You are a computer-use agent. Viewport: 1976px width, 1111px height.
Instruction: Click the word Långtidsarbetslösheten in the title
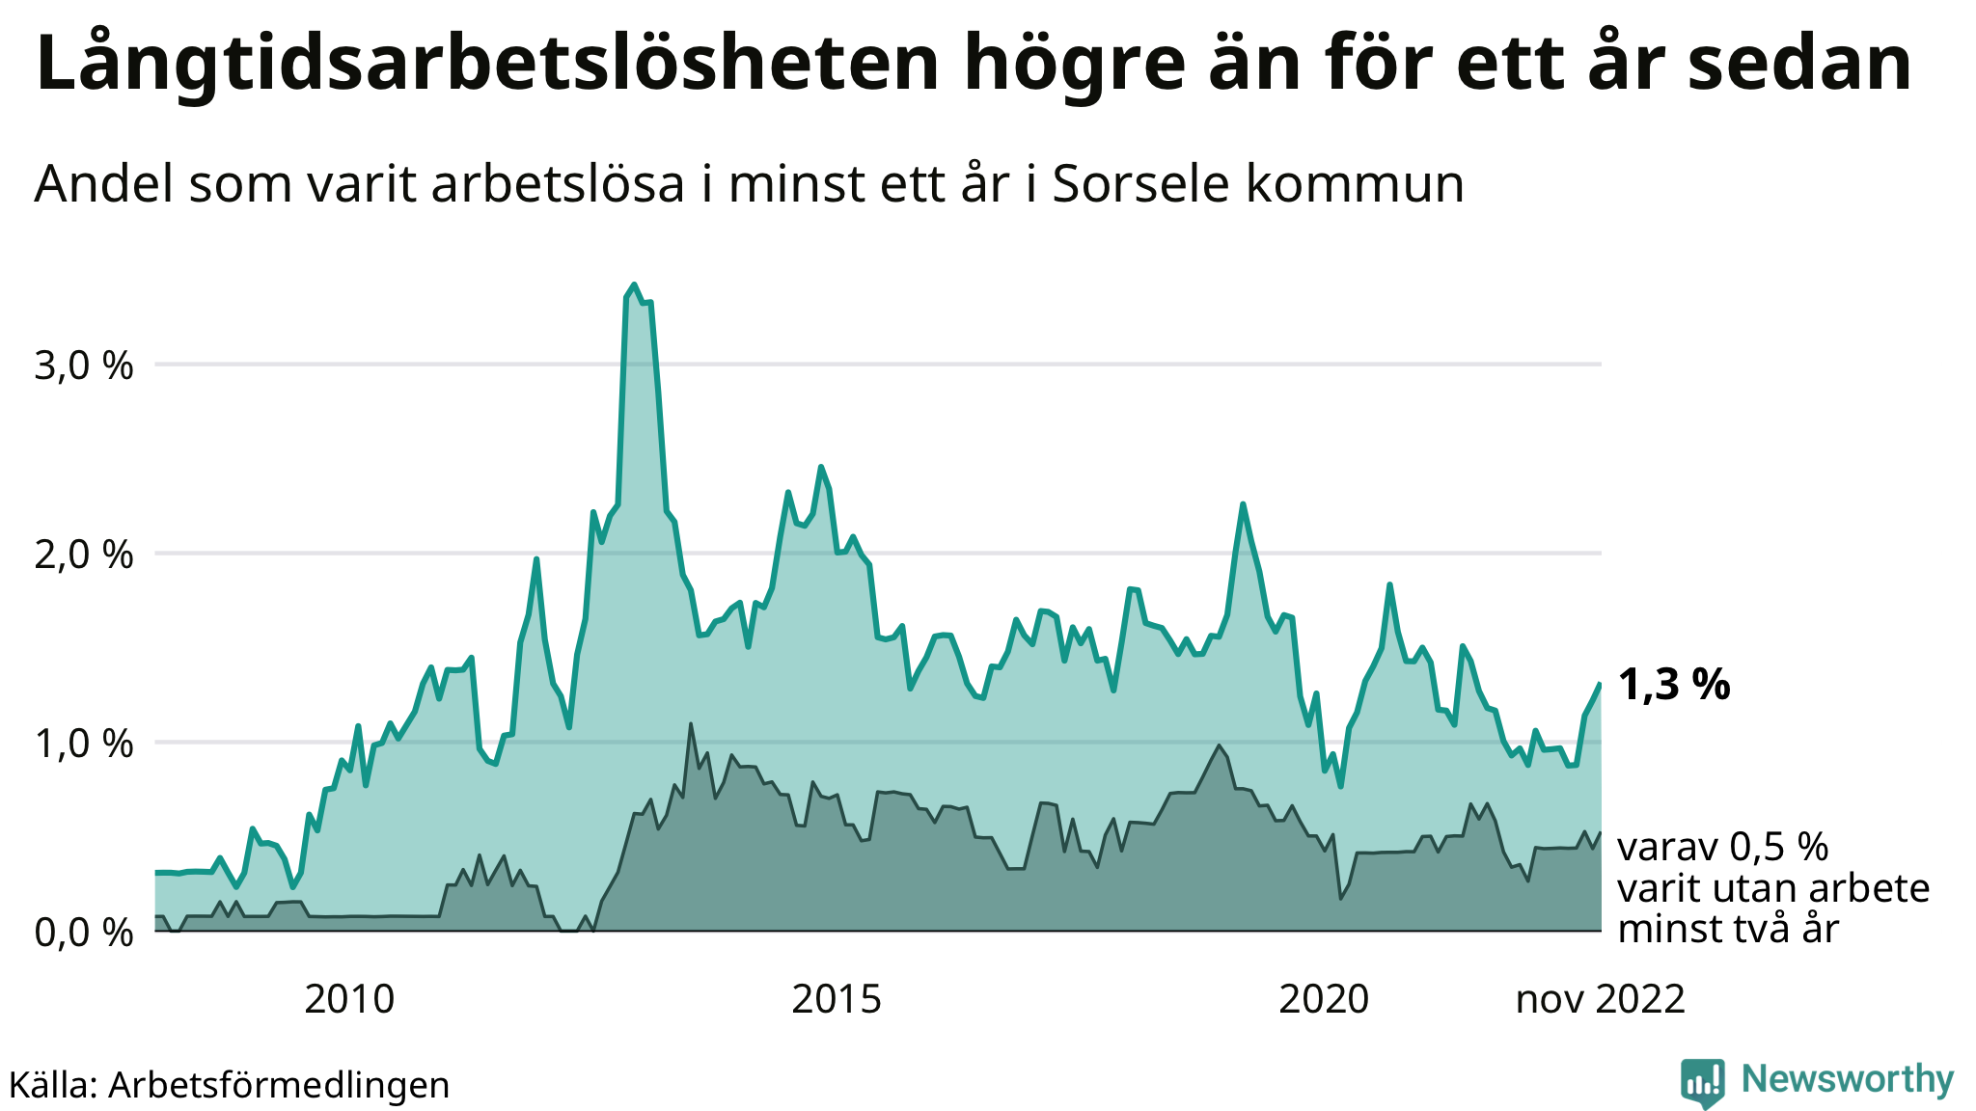pos(486,64)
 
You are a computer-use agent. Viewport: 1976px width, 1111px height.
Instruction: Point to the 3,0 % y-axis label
pos(84,366)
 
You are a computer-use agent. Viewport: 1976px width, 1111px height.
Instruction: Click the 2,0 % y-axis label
pos(84,555)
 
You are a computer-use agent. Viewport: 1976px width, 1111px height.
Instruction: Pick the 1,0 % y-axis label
pos(84,745)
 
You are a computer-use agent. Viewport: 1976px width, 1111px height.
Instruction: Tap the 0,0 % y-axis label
pos(84,933)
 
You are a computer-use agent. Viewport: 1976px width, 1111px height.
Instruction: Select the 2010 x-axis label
pos(349,999)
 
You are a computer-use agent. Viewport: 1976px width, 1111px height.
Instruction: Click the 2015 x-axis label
pos(837,999)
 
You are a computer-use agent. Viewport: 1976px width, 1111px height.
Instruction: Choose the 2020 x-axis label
pos(1324,999)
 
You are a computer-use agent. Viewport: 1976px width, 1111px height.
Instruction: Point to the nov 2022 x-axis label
pos(1600,999)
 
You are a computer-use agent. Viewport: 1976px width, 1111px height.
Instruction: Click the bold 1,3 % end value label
pos(1673,685)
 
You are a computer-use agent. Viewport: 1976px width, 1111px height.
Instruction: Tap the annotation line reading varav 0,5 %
pos(1722,847)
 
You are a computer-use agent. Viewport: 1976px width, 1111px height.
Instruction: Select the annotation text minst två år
pos(1728,929)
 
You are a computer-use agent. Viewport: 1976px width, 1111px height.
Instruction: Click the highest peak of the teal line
pos(634,285)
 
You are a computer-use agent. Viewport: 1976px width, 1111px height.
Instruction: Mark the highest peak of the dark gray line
pos(691,723)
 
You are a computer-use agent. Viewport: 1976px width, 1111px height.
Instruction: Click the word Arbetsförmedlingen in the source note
pos(279,1085)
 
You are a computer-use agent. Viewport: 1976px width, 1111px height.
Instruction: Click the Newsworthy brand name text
pos(1847,1079)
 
